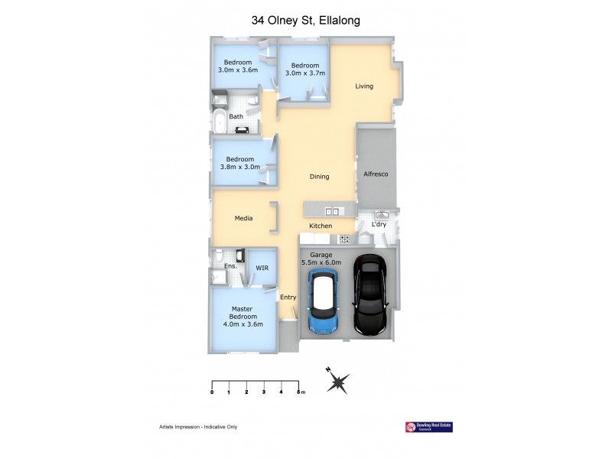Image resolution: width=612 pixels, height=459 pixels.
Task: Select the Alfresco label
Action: click(376, 174)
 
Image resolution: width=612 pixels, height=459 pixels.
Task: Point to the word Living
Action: click(364, 86)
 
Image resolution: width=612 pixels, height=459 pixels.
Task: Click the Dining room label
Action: click(319, 177)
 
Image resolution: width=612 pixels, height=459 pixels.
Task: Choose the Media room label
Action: click(243, 219)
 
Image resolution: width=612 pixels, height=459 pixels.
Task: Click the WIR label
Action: click(262, 269)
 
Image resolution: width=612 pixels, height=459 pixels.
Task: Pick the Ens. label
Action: click(229, 266)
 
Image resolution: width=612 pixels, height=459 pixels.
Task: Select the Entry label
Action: click(288, 298)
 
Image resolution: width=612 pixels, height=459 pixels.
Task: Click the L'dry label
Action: click(379, 225)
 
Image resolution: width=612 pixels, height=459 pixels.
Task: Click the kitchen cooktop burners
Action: click(345, 239)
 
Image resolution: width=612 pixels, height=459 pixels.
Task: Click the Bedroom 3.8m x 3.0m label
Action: click(239, 163)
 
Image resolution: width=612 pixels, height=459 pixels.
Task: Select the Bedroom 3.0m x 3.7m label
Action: click(305, 70)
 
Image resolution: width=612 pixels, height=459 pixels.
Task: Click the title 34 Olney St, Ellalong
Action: click(306, 21)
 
